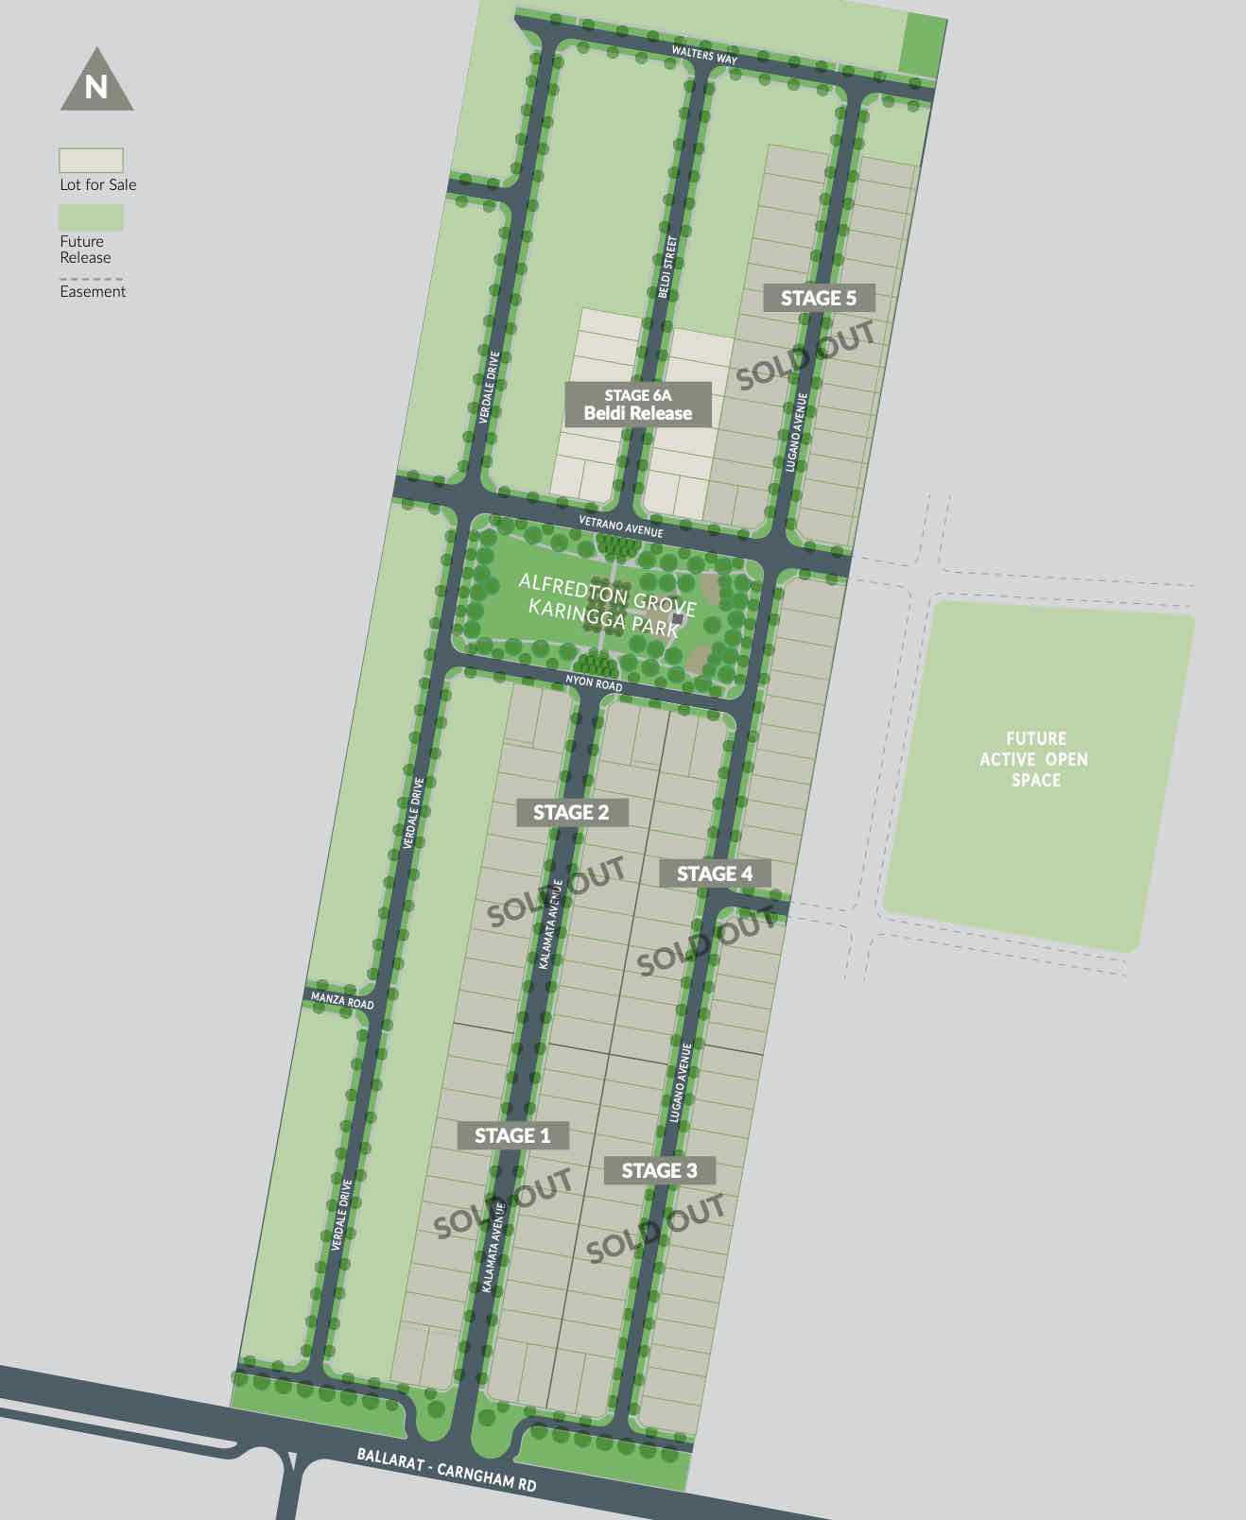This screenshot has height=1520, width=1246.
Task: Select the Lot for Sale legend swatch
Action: coord(91,160)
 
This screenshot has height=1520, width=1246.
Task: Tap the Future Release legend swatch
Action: coord(91,217)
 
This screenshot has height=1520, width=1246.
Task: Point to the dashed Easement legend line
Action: coord(91,279)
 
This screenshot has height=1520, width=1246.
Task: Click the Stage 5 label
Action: coord(819,298)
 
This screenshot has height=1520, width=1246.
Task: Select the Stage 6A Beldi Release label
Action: coord(638,405)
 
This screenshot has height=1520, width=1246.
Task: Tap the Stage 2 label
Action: coord(571,812)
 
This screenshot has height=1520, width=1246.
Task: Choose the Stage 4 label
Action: coord(715,873)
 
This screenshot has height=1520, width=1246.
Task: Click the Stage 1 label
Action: coord(512,1135)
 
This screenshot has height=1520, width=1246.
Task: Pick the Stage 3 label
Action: coord(659,1170)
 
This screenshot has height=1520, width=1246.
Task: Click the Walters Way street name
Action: coord(704,54)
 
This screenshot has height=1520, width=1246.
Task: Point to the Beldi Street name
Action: coord(667,267)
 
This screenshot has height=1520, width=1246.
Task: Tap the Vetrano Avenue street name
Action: coord(621,527)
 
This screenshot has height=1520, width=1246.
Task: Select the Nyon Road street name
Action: coord(594,682)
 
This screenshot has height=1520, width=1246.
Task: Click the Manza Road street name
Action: coord(342,999)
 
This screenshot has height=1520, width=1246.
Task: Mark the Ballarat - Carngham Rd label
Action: coord(446,1469)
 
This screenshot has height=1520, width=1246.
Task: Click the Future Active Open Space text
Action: coord(1034,759)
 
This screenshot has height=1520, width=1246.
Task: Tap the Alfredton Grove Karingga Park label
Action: coord(605,605)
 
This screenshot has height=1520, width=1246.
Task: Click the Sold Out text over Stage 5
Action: coord(805,355)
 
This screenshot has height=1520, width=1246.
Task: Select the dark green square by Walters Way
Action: coord(922,44)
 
